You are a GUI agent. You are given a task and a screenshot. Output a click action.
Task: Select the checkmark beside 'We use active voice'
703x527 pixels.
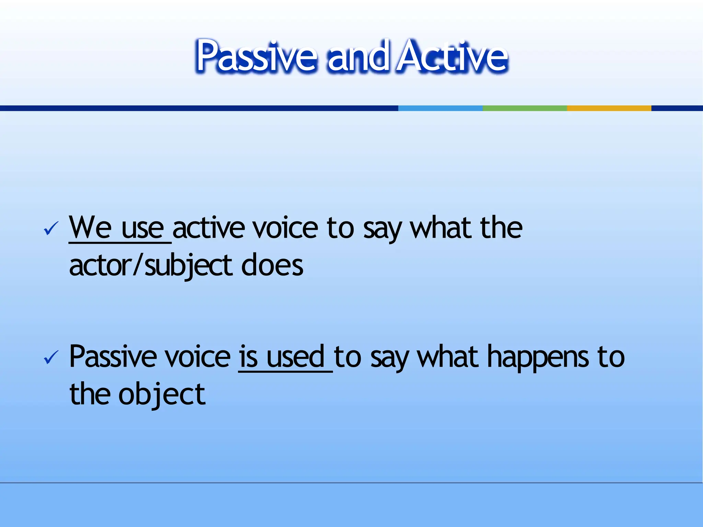(51, 229)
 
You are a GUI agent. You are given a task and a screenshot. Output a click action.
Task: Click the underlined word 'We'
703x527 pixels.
(90, 227)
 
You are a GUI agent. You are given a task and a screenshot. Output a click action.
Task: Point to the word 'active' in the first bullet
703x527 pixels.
(209, 228)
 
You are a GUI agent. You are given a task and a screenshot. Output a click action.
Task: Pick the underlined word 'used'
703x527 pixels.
(295, 357)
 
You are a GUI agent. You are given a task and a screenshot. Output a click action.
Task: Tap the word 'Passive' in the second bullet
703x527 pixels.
(113, 357)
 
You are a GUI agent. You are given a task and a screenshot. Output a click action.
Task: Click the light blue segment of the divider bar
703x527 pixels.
(440, 108)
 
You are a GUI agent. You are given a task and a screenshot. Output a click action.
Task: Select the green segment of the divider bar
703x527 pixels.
(525, 108)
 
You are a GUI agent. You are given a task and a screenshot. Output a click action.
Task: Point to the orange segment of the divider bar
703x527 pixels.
(609, 108)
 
